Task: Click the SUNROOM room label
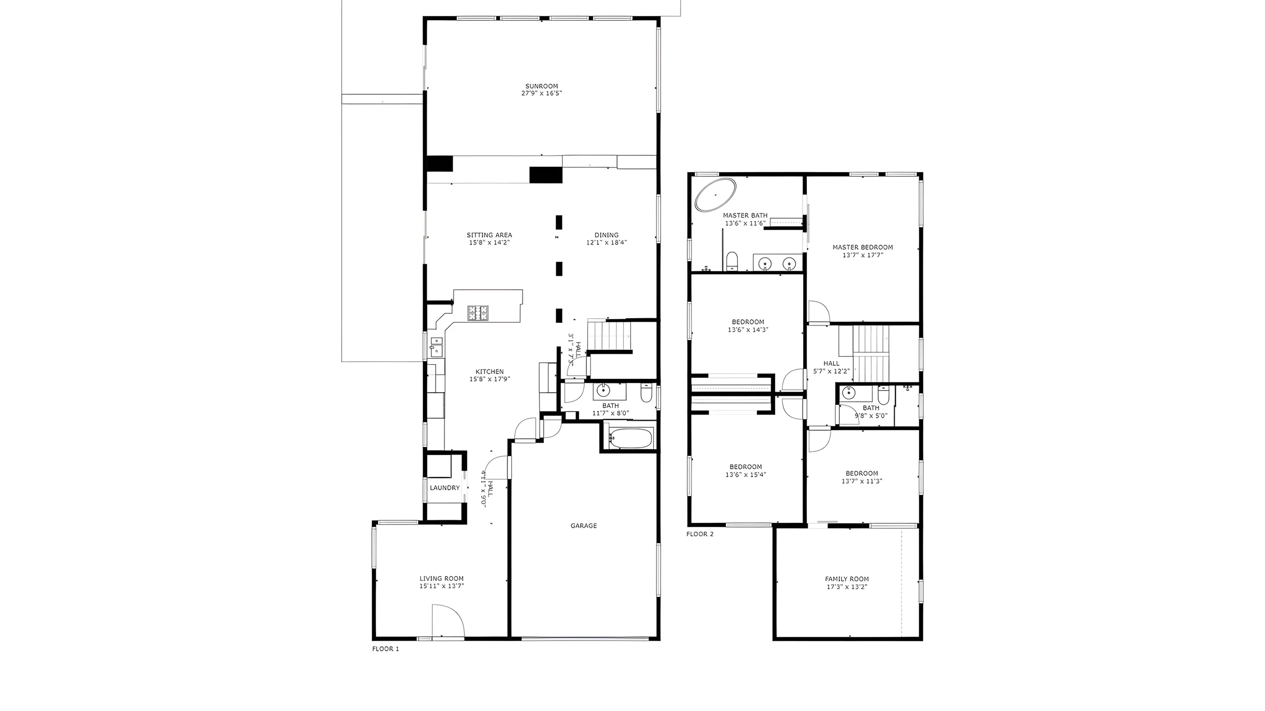(x=542, y=86)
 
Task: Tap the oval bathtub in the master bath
(x=715, y=194)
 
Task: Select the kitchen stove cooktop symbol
(x=478, y=313)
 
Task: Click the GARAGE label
(x=584, y=525)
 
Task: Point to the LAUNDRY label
(x=445, y=488)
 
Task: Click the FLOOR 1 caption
(x=386, y=649)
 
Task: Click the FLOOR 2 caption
(x=700, y=534)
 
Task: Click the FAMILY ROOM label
(x=847, y=579)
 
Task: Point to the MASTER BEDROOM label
(x=863, y=247)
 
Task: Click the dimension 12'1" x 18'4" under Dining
(x=607, y=243)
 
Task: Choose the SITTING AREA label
(x=489, y=235)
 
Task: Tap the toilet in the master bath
(x=732, y=261)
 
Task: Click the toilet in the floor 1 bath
(x=646, y=393)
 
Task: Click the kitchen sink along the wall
(x=436, y=347)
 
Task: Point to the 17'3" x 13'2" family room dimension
(x=847, y=587)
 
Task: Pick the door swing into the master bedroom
(x=819, y=311)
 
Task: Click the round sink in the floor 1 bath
(x=603, y=391)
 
